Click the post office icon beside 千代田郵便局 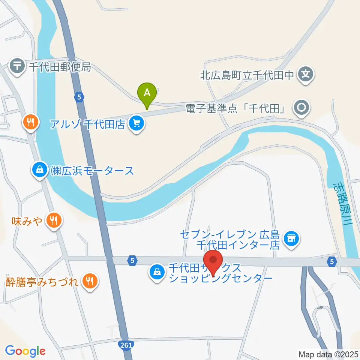17,67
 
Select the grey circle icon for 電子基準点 302,108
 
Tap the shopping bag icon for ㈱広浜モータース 40,171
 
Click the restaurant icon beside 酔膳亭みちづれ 89,280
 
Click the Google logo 25,351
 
